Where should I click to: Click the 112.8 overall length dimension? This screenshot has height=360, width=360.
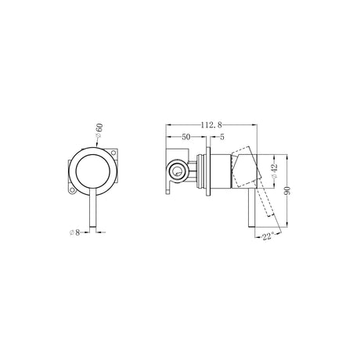[211, 125]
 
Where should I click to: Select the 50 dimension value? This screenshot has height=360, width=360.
[186, 137]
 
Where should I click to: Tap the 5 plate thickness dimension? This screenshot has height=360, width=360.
[222, 137]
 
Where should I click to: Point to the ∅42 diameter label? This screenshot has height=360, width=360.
[275, 171]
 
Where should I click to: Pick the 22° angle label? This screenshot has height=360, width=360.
[268, 237]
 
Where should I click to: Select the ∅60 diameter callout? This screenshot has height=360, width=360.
[99, 131]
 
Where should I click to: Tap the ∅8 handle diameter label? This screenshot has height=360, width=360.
[75, 232]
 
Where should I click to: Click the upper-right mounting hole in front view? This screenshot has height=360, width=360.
[113, 153]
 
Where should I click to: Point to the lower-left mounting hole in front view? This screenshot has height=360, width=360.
[72, 191]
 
